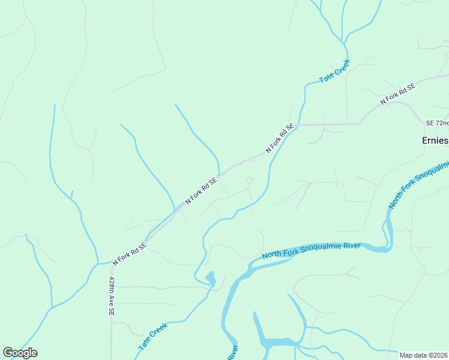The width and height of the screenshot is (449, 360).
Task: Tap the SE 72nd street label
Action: pos(437,123)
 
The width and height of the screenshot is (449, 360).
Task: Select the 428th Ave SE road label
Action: pos(112,296)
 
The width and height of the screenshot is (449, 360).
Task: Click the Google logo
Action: pos(20,353)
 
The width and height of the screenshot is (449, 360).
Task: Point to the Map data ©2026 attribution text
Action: pos(424,355)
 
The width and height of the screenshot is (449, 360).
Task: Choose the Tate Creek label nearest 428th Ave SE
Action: pos(152,337)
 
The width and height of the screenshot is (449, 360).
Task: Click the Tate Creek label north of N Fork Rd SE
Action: pos(334,71)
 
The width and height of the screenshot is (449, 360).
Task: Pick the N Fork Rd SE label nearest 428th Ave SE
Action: pos(130,254)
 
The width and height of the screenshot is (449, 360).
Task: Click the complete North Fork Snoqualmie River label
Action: pos(311,251)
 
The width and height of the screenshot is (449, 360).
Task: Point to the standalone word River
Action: pos(232,352)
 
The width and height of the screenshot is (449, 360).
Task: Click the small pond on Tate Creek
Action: pos(210,278)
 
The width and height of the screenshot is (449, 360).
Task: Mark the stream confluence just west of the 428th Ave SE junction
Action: pos(97,263)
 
